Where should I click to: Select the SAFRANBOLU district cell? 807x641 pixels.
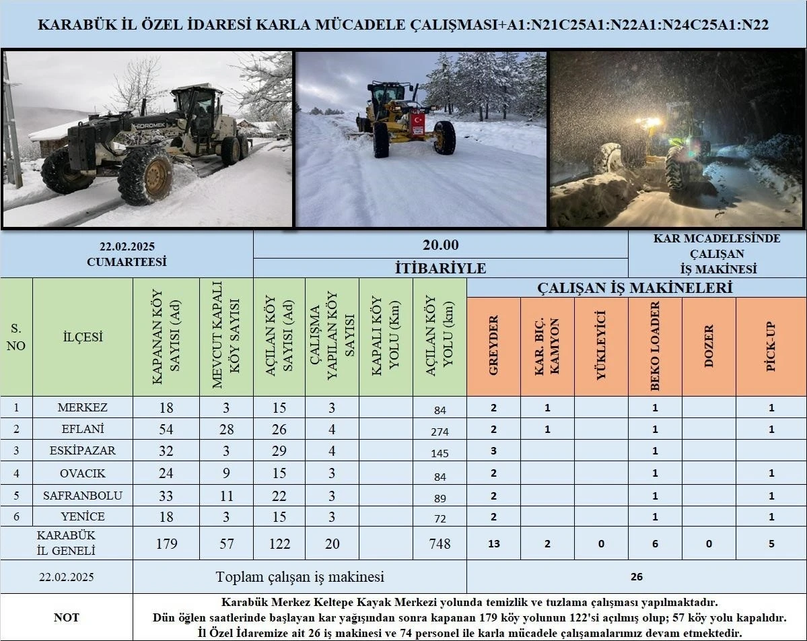(x=82, y=496)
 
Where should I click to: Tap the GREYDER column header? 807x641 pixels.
(x=493, y=345)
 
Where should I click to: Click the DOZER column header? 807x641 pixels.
(x=709, y=345)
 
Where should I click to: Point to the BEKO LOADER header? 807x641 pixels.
(x=655, y=345)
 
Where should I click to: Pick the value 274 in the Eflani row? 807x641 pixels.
(x=440, y=432)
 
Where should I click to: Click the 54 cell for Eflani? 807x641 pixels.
(x=166, y=430)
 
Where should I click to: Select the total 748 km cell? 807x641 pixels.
(x=440, y=543)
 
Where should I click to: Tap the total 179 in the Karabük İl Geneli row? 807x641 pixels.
(x=166, y=543)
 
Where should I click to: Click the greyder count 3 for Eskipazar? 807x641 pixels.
(x=493, y=451)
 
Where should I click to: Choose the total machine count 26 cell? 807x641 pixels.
(x=636, y=576)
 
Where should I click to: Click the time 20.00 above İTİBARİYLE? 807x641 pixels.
(x=440, y=245)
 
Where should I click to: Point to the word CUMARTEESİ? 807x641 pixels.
(x=127, y=262)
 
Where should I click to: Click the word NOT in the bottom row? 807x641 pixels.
(x=66, y=617)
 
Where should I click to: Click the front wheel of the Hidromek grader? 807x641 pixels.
(x=145, y=176)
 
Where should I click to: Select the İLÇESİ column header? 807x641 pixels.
(x=82, y=337)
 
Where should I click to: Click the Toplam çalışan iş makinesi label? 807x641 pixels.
(x=300, y=576)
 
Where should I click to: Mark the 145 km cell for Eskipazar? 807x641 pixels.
(x=440, y=453)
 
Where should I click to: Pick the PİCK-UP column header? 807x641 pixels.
(x=771, y=345)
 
